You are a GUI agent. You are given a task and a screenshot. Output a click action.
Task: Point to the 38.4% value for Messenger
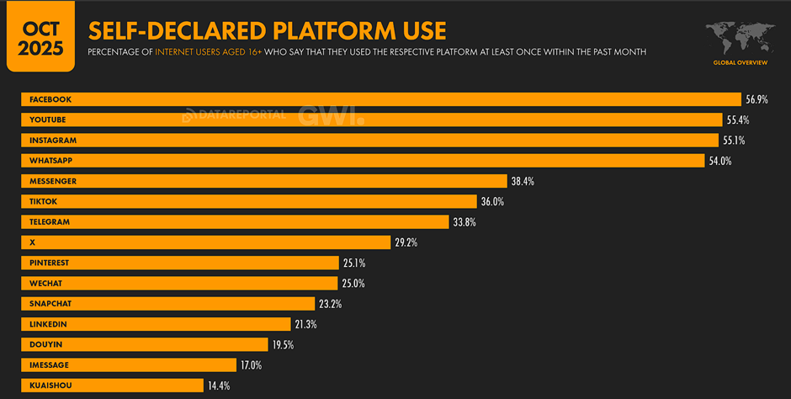tap(523, 181)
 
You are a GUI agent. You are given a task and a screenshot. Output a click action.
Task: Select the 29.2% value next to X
tap(406, 242)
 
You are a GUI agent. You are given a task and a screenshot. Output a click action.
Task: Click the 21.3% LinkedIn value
tap(305, 324)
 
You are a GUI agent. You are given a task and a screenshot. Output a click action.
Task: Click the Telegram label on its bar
tap(49, 222)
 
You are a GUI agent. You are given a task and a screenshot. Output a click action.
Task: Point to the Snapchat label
tap(50, 304)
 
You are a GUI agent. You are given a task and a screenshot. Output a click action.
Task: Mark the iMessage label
tap(50, 365)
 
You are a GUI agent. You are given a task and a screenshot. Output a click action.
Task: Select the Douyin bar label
tap(45, 345)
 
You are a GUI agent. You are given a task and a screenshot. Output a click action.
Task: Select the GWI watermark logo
tap(331, 116)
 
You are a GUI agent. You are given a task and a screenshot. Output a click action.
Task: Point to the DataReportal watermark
tap(235, 115)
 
